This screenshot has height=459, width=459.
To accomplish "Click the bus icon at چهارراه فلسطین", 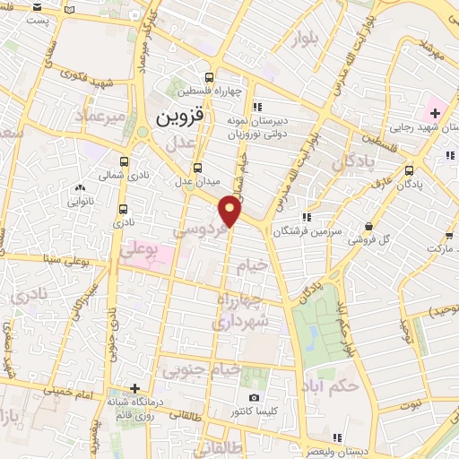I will point(209,77).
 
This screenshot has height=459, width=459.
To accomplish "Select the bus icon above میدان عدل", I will point(197,167).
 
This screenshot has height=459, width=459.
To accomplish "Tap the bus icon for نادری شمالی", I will point(123,162).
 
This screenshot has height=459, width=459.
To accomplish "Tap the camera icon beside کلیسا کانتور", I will point(254,397).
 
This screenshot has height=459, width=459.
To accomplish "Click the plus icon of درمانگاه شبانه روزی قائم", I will point(134,388).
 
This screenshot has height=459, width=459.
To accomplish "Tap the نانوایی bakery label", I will point(81,201).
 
